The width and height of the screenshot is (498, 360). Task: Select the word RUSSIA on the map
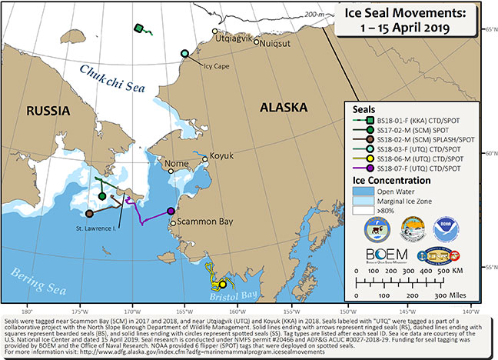pos(48,112)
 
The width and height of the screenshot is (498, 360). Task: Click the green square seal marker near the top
pos(138,28)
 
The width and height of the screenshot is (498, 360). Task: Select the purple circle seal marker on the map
pos(171,211)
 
